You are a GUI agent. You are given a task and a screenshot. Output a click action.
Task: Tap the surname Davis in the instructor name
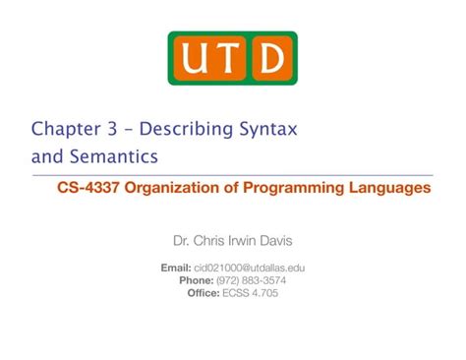pyautogui.click(x=300, y=240)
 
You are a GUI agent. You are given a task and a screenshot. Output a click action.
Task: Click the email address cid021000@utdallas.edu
pyautogui.click(x=249, y=268)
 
